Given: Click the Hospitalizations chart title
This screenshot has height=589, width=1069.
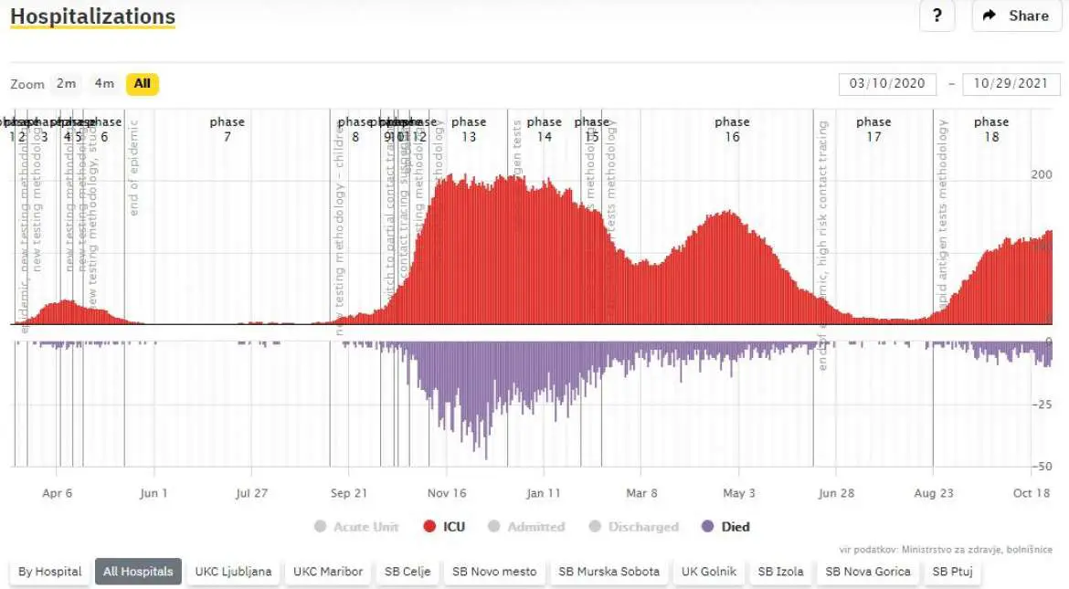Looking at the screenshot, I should pos(92,16).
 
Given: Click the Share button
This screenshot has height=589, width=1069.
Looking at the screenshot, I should pos(1016,16).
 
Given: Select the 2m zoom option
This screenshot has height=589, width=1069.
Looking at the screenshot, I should pos(66,84).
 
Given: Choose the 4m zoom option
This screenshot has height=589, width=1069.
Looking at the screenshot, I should pos(104,84).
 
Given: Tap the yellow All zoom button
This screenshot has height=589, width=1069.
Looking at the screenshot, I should pos(143,84).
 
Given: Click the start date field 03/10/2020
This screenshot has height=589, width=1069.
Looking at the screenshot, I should pos(887,84).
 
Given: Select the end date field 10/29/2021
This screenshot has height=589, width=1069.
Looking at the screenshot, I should pos(1011,84).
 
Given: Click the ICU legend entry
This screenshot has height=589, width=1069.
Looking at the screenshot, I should pos(443,527).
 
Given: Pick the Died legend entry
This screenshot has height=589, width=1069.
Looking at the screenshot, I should pos(725,527).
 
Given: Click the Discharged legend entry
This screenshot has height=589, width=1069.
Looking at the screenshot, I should pos(634,527).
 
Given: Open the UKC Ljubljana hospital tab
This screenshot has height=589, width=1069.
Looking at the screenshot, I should pos(233,572).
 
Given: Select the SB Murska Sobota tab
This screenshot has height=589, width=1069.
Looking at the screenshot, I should pos(609,572).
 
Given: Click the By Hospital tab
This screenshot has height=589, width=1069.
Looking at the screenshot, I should pos(49,572).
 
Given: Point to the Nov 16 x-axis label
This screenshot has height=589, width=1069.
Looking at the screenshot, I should pos(446,493).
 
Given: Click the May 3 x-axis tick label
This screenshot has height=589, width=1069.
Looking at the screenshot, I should pos(739,493).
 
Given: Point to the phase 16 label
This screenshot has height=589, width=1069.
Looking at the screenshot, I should pos(732,129).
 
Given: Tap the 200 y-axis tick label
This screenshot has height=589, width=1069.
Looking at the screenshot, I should pos(1041,174).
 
